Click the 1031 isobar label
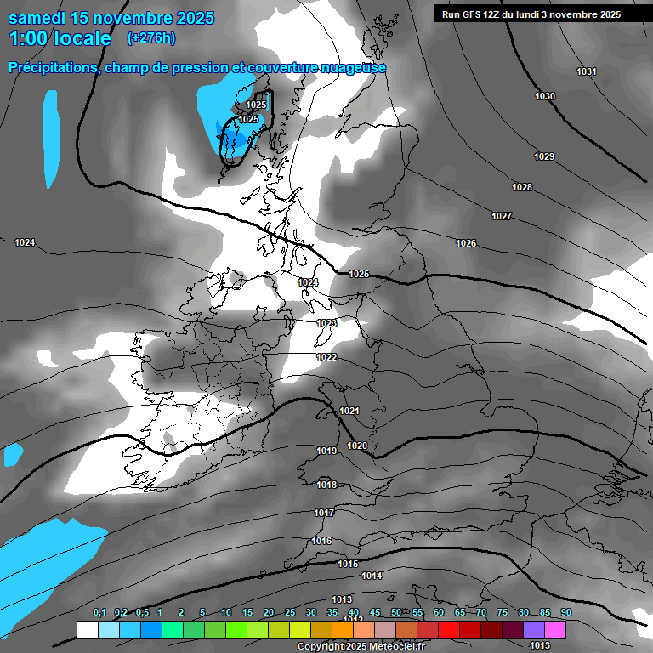tap(586, 71)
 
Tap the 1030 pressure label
tap(545, 96)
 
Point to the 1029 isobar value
tap(544, 156)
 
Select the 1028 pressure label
tap(522, 187)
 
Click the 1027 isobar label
tap(502, 216)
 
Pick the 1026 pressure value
tap(466, 243)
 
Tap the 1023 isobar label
tap(326, 323)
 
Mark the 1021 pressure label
tap(349, 411)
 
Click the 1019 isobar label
tap(326, 451)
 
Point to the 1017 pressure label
tap(323, 513)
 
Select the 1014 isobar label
tap(372, 576)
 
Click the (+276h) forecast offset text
tap(150, 37)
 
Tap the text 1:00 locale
tap(60, 38)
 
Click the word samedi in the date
tap(37, 17)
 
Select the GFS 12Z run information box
tap(531, 14)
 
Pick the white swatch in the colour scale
tap(87, 629)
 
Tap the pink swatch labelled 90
tap(555, 629)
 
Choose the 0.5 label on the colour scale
tap(142, 612)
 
